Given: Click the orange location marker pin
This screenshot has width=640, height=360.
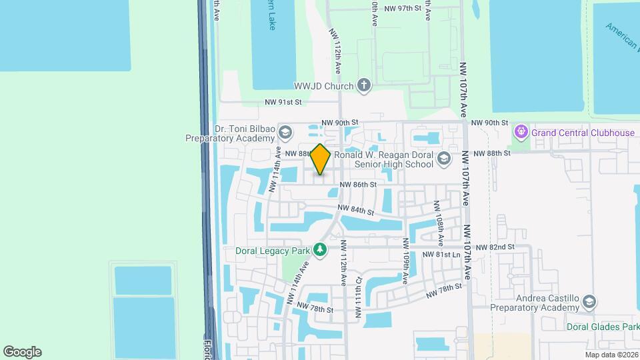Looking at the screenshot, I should click(321, 159).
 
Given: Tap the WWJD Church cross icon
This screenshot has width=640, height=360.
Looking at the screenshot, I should click(363, 85).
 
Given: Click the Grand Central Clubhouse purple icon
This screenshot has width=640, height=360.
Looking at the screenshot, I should click(521, 133).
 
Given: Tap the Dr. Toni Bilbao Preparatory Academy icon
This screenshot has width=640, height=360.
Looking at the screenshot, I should click(285, 132).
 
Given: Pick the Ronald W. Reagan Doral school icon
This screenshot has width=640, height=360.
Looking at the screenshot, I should click(444, 159).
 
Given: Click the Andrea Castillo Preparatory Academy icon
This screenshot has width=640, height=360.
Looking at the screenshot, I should click(589, 302).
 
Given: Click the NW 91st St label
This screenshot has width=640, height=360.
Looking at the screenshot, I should click(283, 102).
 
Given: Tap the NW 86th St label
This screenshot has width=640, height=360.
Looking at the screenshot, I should click(358, 184).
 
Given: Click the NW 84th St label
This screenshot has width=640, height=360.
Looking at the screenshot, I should click(355, 210).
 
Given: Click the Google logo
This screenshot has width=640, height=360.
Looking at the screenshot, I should click(21, 352).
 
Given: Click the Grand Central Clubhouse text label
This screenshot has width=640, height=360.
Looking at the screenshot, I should click(583, 133).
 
